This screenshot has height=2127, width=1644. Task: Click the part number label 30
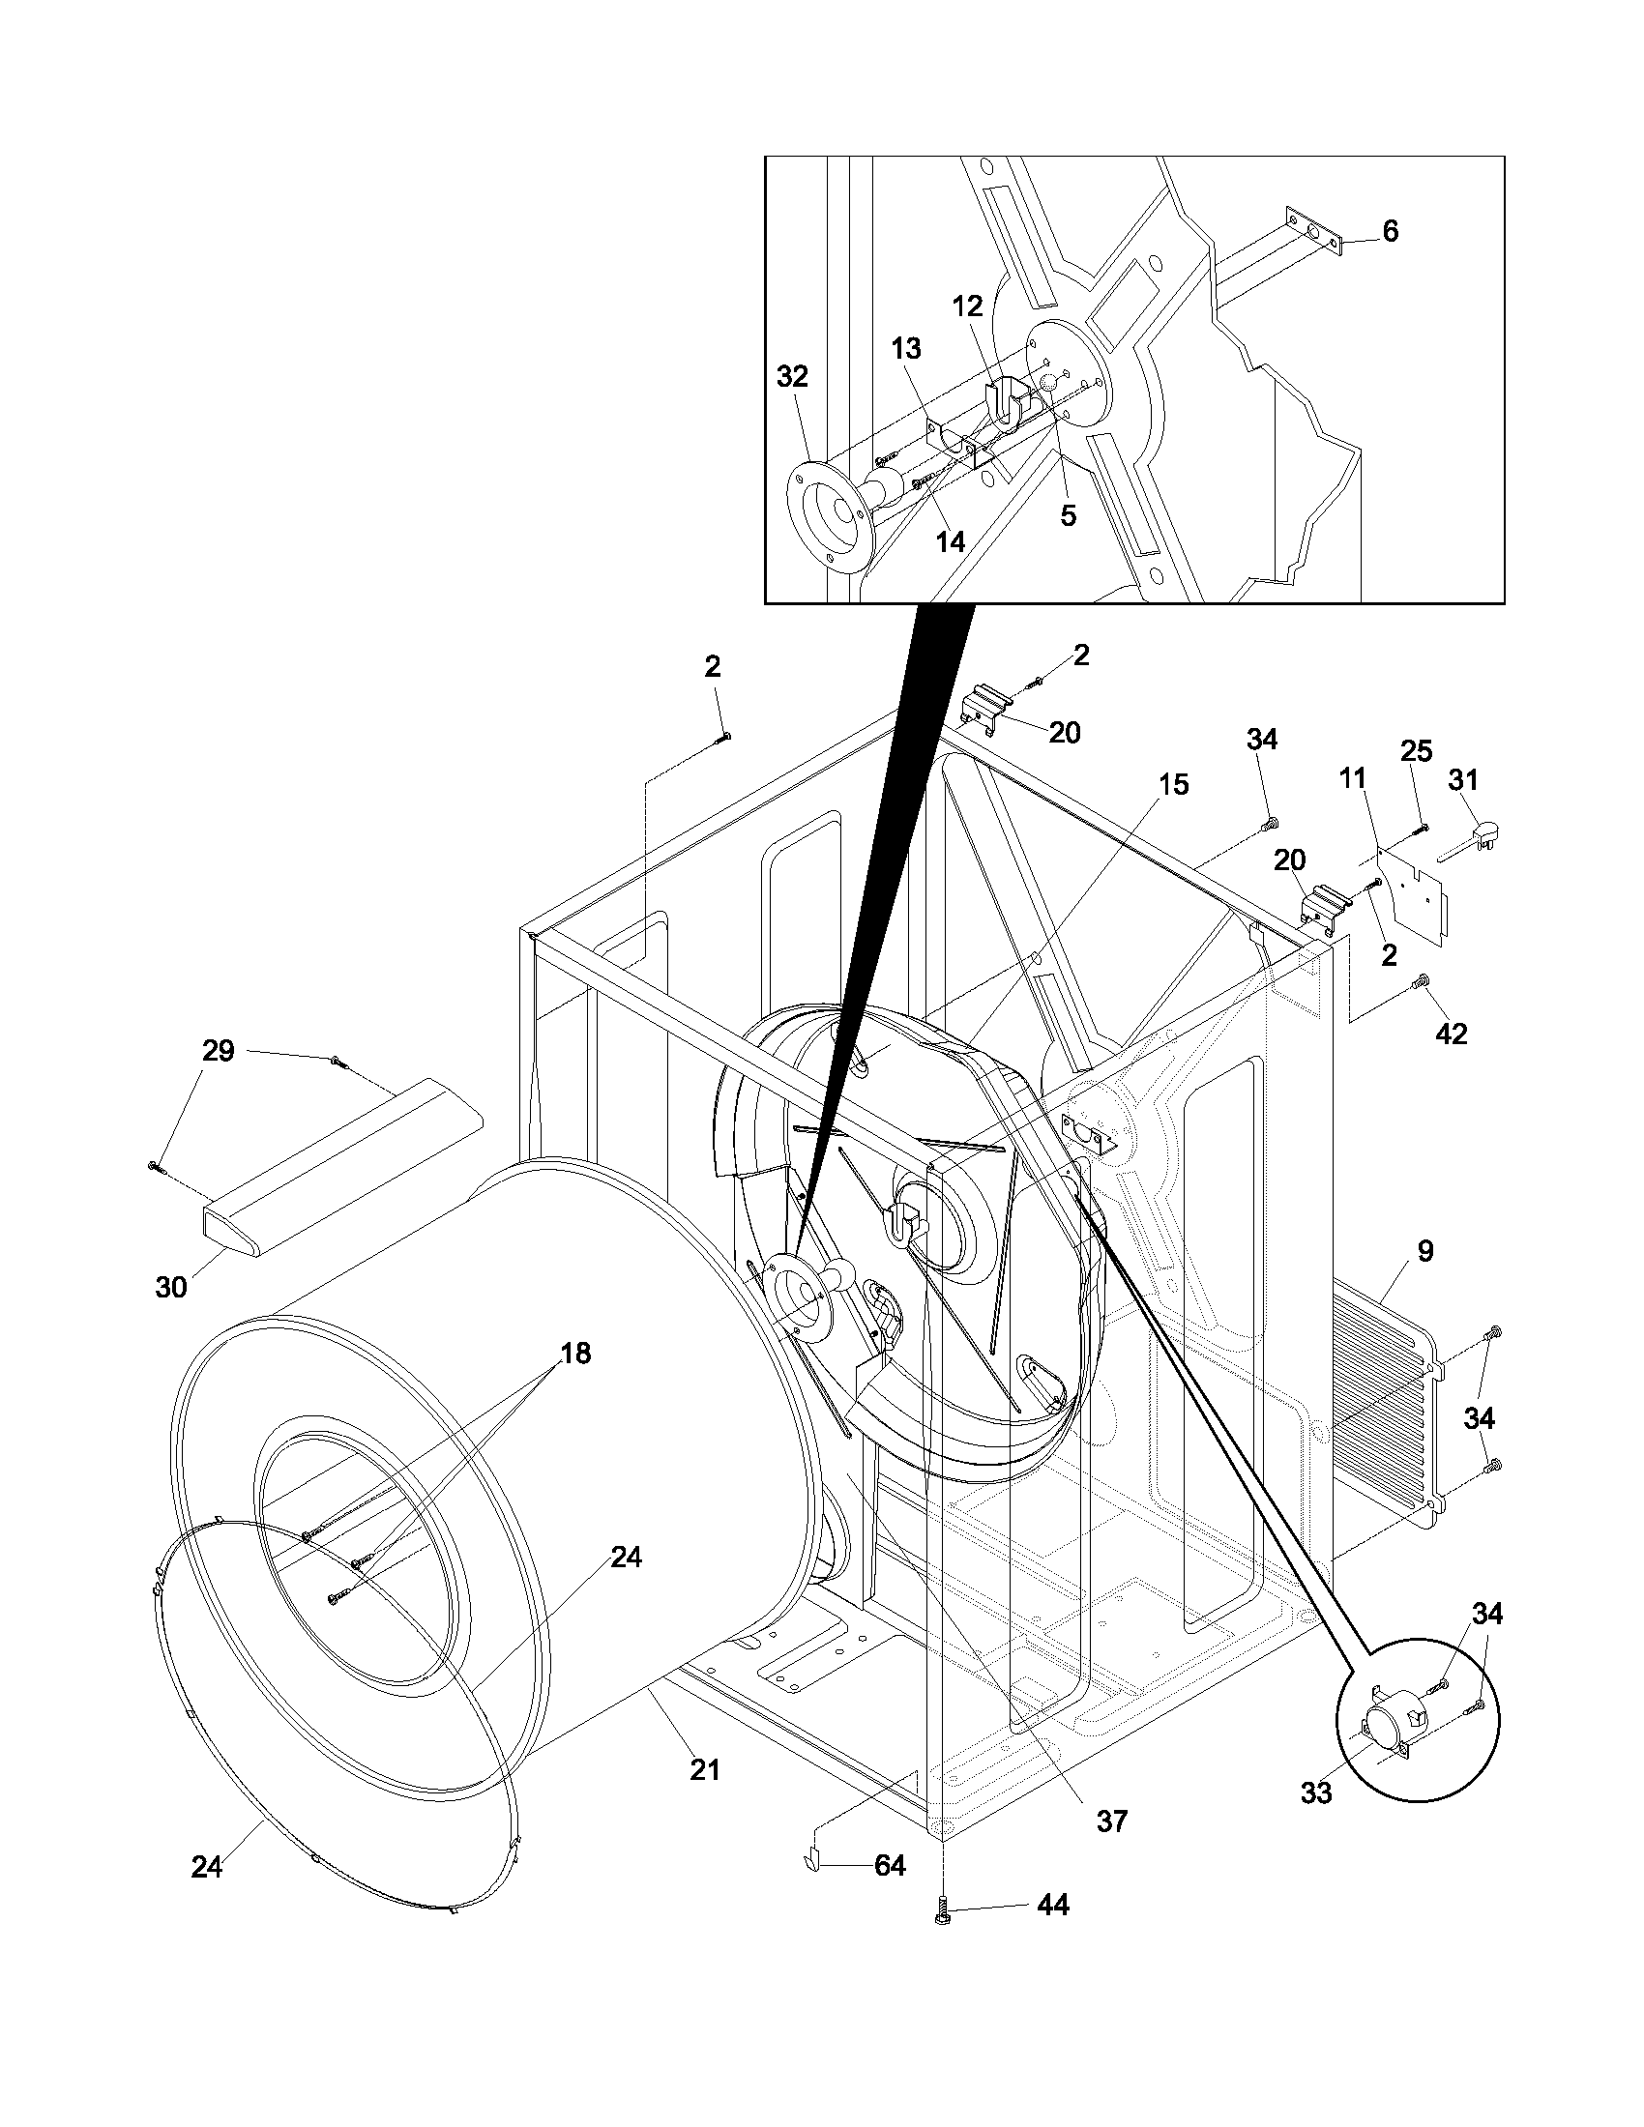[170, 1287]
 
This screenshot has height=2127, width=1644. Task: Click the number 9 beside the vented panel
[1424, 1251]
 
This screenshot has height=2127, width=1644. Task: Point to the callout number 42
[1452, 1034]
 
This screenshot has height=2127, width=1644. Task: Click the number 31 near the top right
[1463, 780]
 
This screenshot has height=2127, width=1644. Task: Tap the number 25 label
[1416, 751]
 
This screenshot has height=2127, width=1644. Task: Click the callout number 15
[1174, 784]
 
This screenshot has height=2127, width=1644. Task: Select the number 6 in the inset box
[1390, 231]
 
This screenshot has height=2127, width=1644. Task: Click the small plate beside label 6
[1315, 232]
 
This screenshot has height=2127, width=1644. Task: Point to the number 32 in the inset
[792, 377]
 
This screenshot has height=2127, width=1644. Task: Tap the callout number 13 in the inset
[906, 348]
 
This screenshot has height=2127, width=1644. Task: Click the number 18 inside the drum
[575, 1354]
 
